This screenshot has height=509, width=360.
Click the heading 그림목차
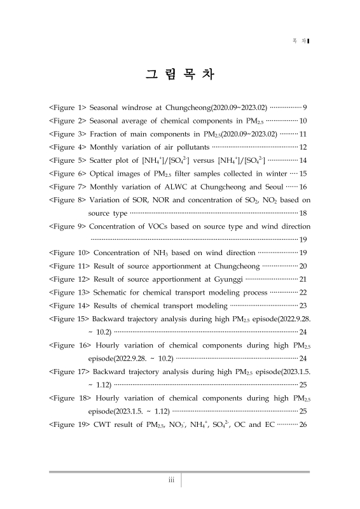coord(180,74)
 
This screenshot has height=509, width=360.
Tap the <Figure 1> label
coord(68,106)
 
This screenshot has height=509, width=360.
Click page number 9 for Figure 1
coord(306,106)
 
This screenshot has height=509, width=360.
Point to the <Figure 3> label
coord(68,134)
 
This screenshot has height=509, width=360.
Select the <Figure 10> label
coord(69,253)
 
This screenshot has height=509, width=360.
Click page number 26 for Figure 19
coord(303,424)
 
